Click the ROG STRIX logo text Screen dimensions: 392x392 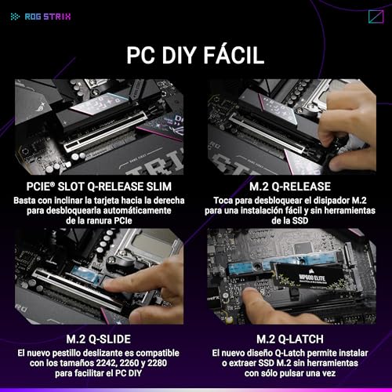[x=48, y=16]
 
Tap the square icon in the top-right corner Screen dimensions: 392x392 [x=376, y=16]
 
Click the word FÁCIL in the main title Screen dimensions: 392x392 [x=234, y=55]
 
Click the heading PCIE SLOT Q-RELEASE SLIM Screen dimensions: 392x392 [x=99, y=187]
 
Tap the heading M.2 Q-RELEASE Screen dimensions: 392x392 [x=290, y=187]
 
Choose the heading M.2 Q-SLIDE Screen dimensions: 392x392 [x=99, y=339]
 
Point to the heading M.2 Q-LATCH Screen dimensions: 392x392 [x=290, y=339]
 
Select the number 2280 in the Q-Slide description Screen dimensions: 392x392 [x=157, y=363]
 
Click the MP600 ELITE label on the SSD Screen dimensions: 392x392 [x=312, y=278]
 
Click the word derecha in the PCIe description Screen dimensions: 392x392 [x=169, y=201]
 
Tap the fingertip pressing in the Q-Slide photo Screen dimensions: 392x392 [x=109, y=284]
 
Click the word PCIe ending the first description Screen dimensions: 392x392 [x=123, y=221]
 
